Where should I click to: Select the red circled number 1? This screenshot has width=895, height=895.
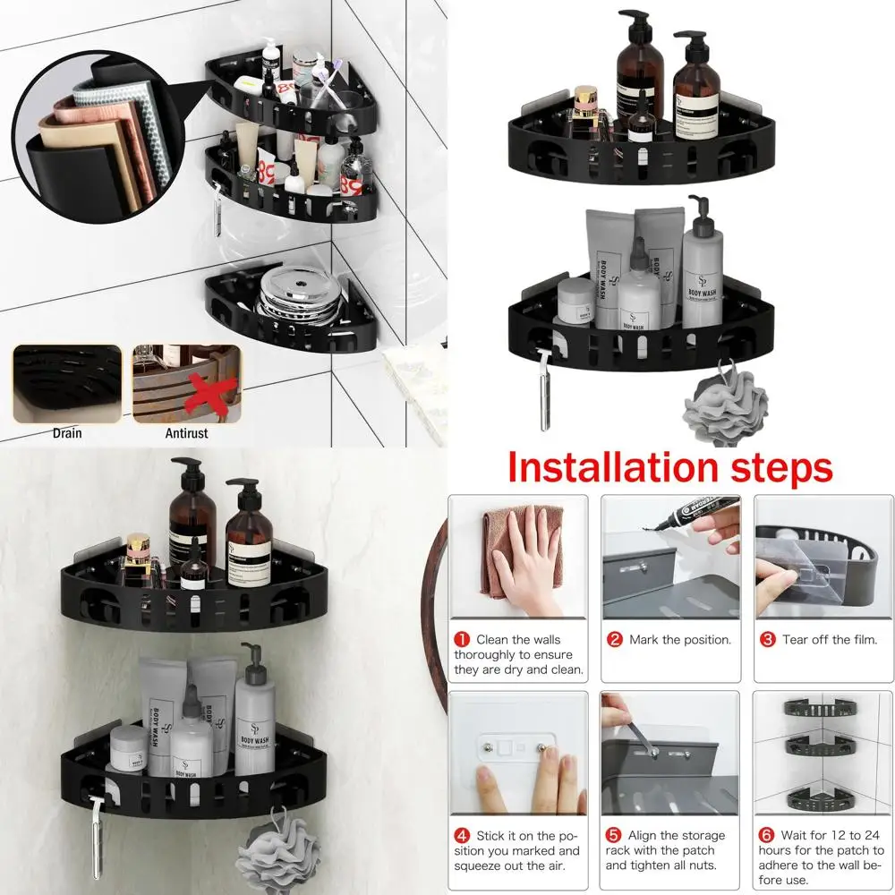click(462, 639)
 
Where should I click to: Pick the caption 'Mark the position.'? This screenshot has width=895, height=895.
click(680, 640)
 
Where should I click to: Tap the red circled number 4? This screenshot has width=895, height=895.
click(462, 835)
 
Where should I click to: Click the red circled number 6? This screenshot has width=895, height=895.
click(767, 835)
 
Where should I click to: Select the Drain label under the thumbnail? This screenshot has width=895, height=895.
click(66, 433)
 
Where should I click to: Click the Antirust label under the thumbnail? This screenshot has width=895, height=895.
click(185, 433)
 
